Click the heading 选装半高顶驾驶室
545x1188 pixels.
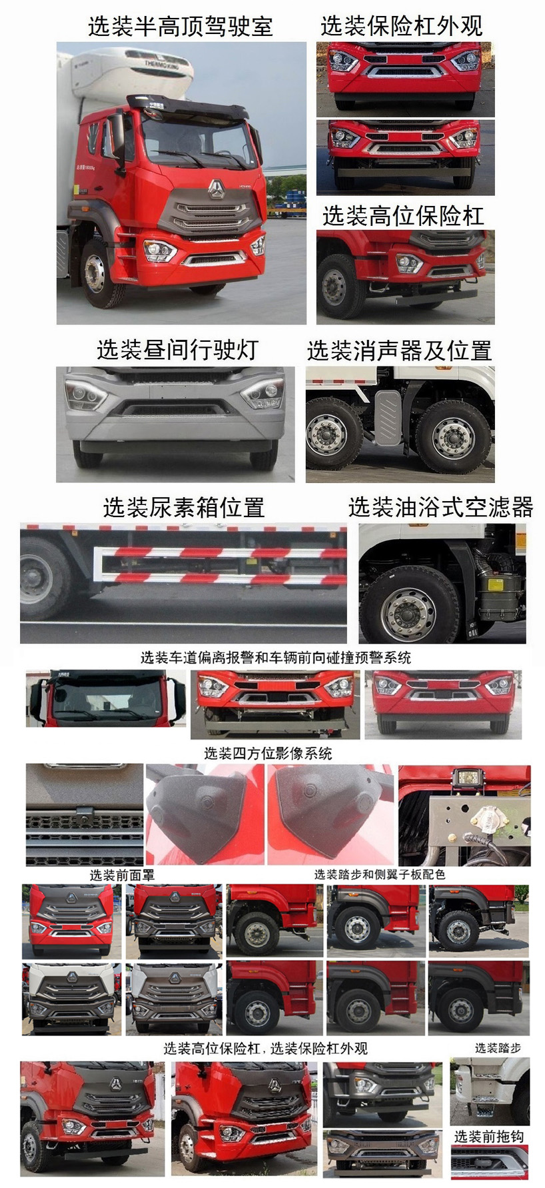point(180,26)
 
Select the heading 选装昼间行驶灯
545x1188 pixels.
point(177,349)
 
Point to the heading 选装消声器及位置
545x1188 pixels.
point(399,350)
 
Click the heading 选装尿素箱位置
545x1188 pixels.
point(184,508)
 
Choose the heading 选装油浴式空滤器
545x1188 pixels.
point(440,507)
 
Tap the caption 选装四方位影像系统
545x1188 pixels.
point(268,754)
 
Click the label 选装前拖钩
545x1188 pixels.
point(488,1137)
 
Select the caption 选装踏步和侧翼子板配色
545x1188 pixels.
point(380,874)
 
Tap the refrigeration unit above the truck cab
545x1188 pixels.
point(157,67)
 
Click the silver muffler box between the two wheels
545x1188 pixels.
point(388,417)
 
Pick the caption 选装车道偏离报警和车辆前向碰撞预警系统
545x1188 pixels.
point(275,658)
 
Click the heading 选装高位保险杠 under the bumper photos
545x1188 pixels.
point(403,216)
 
